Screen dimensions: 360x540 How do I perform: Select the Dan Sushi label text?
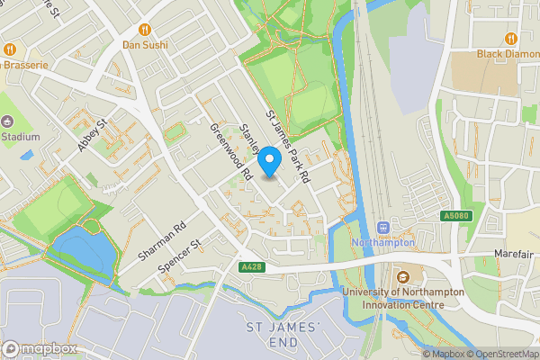pyautogui.click(x=144, y=43)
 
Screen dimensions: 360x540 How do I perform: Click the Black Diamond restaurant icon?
pyautogui.click(x=511, y=39)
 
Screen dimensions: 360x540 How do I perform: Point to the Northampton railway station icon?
pyautogui.click(x=383, y=227)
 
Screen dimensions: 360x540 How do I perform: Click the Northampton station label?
pyautogui.click(x=383, y=243)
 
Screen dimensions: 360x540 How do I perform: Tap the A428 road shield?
pyautogui.click(x=251, y=267)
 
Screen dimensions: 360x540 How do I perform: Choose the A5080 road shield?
pyautogui.click(x=456, y=216)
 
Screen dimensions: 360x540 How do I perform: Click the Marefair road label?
pyautogui.click(x=514, y=255)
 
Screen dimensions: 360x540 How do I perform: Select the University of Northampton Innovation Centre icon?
pyautogui.click(x=402, y=277)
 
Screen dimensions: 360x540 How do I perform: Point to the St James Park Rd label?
pyautogui.click(x=287, y=148)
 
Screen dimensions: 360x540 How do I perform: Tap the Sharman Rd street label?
pyautogui.click(x=161, y=241)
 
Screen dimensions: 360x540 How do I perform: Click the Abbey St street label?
pyautogui.click(x=93, y=135)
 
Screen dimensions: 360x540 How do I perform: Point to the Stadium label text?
pyautogui.click(x=20, y=137)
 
